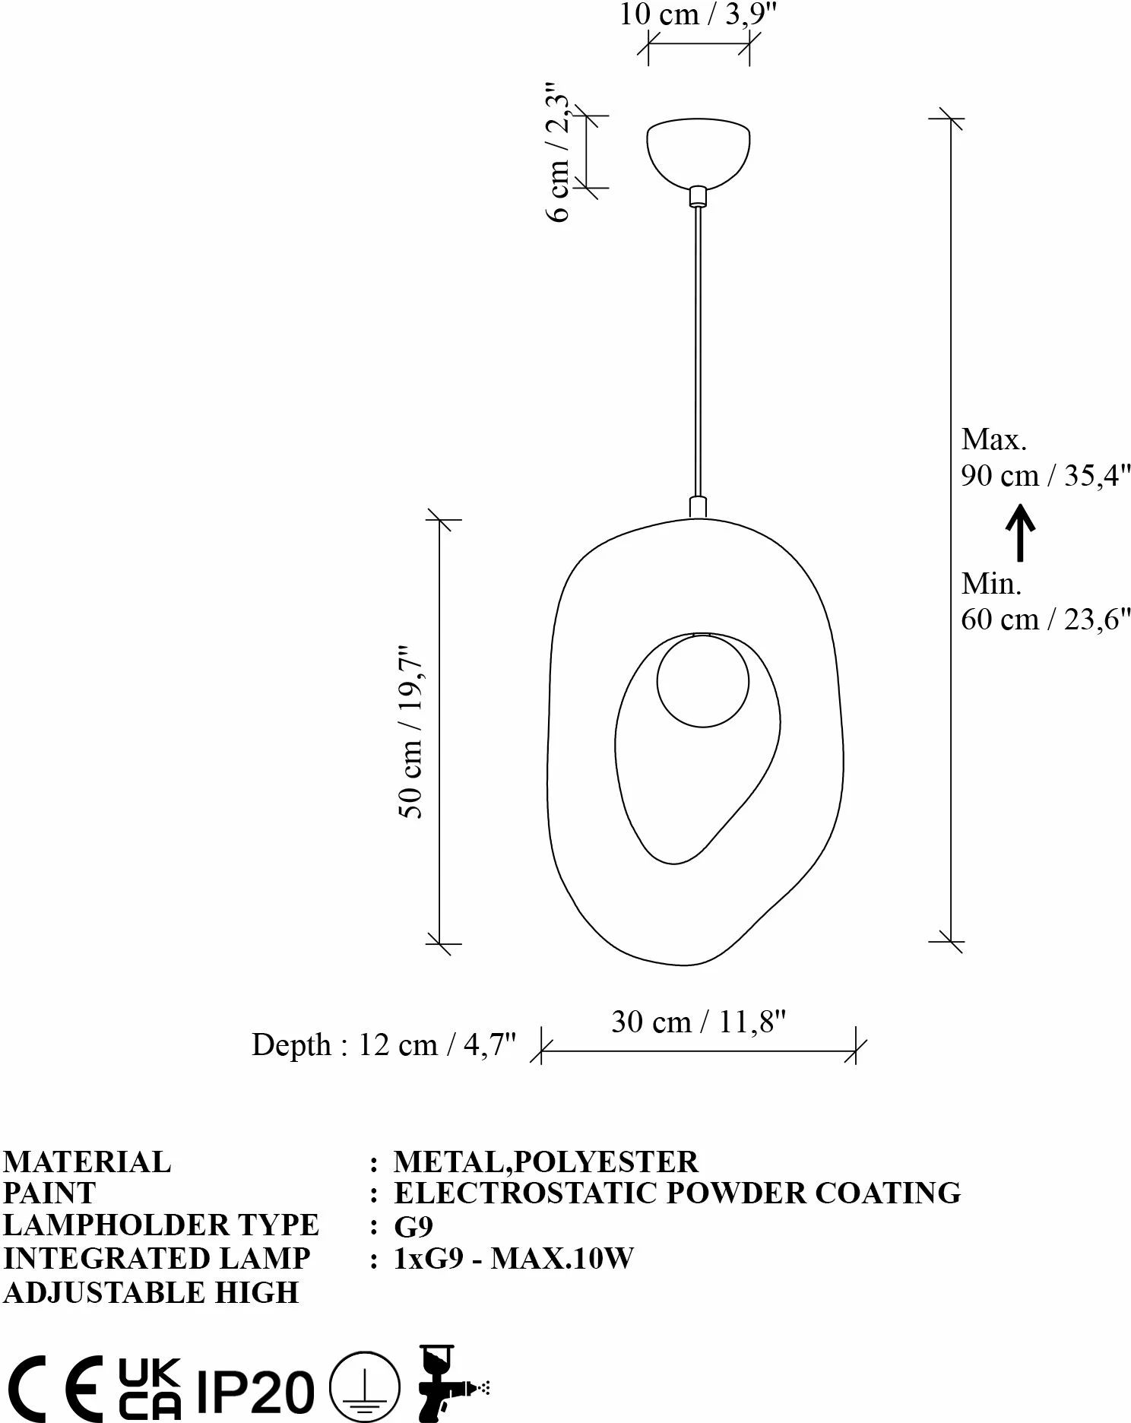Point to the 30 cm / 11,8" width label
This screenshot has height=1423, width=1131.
coord(698,1022)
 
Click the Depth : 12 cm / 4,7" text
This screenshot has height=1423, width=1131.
coord(384,1045)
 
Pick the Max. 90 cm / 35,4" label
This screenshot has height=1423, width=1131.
coord(1046,458)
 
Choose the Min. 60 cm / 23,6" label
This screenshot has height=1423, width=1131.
coord(1046,602)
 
